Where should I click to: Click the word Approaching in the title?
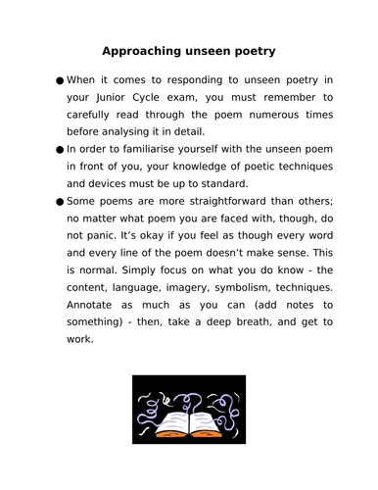145,51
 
